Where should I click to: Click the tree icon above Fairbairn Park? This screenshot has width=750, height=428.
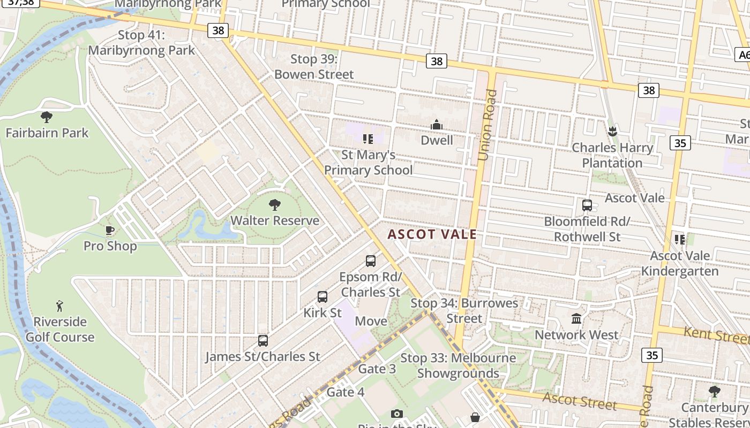point(47,117)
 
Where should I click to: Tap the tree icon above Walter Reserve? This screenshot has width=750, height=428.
point(275,204)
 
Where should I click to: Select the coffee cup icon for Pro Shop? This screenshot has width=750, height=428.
point(110,231)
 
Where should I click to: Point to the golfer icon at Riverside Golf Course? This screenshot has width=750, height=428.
point(59,306)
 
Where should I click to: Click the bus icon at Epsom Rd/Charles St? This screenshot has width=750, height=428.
point(371,261)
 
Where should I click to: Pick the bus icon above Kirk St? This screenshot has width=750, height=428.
point(322,296)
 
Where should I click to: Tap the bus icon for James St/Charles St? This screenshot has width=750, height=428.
point(262,340)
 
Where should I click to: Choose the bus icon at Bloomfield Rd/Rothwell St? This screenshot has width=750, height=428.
point(587,205)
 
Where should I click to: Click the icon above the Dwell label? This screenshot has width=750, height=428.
point(437,125)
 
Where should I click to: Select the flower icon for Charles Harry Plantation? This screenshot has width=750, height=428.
point(612,131)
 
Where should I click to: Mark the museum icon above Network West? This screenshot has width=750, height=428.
point(576,319)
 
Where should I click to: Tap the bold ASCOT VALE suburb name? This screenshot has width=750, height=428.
point(432,234)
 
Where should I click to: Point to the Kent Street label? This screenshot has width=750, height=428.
point(716,335)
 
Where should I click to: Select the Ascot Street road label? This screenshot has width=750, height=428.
point(579,400)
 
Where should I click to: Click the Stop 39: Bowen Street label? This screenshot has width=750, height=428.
point(314,66)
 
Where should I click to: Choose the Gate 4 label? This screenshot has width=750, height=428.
point(346,392)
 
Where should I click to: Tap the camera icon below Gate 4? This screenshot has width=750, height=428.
point(396,414)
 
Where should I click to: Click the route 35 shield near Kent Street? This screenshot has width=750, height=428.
point(651,355)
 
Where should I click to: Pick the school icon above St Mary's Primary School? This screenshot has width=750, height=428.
point(367,139)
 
